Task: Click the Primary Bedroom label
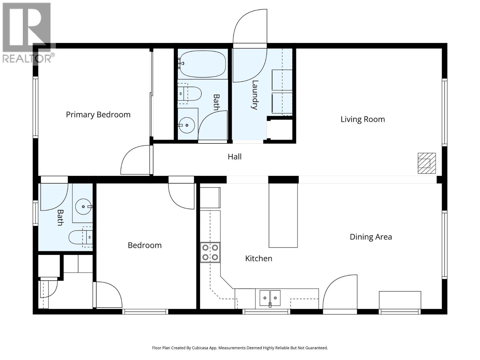pos(98,115)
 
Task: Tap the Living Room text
pos(362,119)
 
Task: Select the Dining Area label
pos(370,237)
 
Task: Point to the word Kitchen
pos(259,258)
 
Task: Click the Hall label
pos(234,157)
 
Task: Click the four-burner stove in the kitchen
pos(210,252)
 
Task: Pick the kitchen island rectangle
pos(283,215)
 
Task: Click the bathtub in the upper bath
pos(203,64)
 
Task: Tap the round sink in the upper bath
pos(187,125)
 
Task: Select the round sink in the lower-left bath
pos(83,207)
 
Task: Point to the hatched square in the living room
pos(427,163)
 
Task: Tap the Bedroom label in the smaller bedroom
pos(145,245)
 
